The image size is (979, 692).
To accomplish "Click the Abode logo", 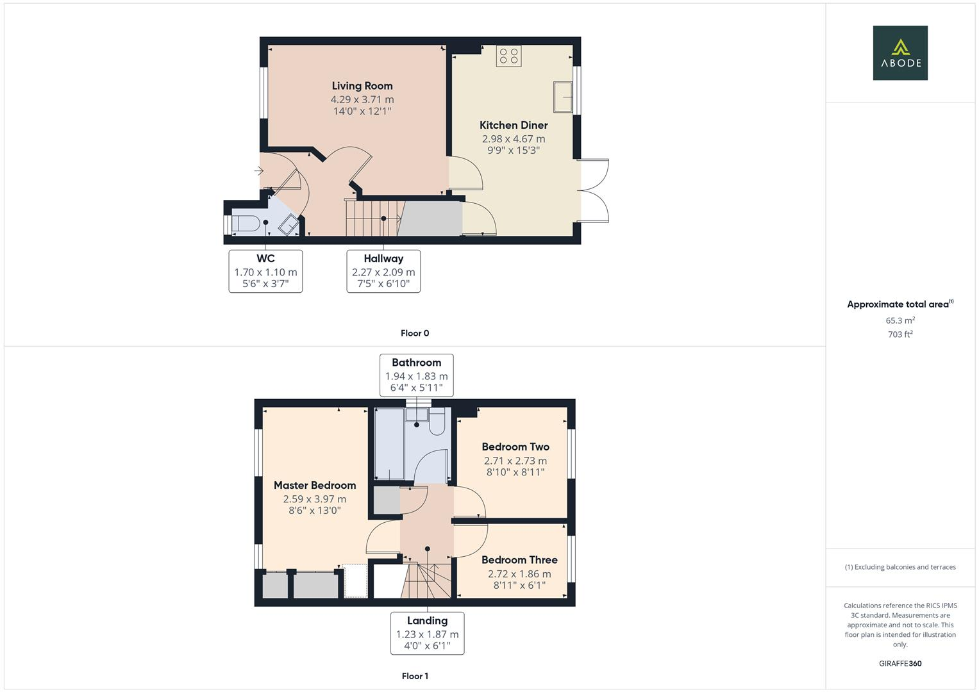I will [x=900, y=53].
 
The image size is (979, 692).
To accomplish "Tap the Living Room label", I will [x=362, y=86].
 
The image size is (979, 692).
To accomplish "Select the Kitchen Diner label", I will [x=514, y=126].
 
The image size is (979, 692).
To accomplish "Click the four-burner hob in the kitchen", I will [x=508, y=56].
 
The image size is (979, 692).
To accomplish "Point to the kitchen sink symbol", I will [x=563, y=97].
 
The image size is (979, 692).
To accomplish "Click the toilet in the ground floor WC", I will [x=246, y=224].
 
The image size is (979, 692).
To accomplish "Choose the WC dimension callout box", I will [x=265, y=271].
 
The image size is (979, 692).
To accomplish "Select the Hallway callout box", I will [x=383, y=271].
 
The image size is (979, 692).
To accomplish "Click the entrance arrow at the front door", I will [x=258, y=171].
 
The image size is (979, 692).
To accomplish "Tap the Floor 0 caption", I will [x=415, y=333].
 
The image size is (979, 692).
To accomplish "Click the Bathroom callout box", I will [x=416, y=375].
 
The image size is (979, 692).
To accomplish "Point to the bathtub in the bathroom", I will [x=389, y=444].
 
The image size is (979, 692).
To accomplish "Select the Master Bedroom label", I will [x=315, y=486].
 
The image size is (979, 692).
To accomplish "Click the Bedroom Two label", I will [x=515, y=447].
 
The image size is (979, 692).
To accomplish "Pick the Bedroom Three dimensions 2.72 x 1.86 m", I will [x=519, y=574].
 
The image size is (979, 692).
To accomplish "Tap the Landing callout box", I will [x=427, y=633].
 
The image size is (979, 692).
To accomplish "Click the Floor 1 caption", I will [x=415, y=676].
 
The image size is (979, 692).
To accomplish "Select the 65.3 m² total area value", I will [x=900, y=320].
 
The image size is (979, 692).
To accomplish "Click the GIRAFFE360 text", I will [x=900, y=664].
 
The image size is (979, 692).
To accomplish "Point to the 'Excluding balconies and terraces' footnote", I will [x=900, y=567].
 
